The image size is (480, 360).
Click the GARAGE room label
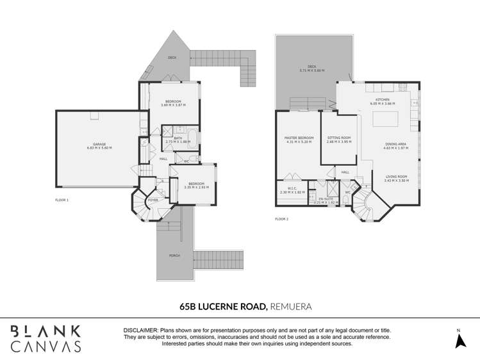click(x=99, y=144)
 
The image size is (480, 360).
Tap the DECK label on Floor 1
click(x=172, y=58)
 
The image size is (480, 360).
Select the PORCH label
click(x=174, y=256)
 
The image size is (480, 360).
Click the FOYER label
click(x=153, y=200)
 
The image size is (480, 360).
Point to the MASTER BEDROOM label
click(x=299, y=138)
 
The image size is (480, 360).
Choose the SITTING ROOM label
click(x=339, y=138)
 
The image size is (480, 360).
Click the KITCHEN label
click(x=382, y=100)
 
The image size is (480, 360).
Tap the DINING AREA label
click(x=395, y=145)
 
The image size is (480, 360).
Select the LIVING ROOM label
click(x=396, y=177)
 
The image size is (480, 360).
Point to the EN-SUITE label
click(x=326, y=199)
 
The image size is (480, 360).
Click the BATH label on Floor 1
click(x=178, y=138)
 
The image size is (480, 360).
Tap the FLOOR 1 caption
click(x=62, y=200)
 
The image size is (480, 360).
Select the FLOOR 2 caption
click(x=282, y=219)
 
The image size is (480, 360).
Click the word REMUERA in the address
click(x=291, y=307)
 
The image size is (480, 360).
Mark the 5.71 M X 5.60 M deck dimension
click(x=312, y=70)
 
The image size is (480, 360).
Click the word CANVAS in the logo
click(x=46, y=347)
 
